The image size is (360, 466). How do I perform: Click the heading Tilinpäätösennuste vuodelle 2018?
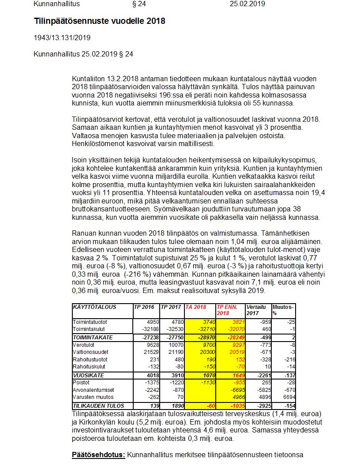coord(100,21)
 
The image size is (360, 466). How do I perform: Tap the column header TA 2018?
coord(195,307)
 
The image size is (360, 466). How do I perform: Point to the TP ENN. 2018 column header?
coord(227,310)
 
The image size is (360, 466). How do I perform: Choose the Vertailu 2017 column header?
coord(256,310)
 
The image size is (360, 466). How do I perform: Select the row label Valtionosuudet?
coord(90,352)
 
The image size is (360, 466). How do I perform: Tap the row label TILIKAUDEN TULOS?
coord(98,406)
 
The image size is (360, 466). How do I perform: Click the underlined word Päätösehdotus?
coord(98,455)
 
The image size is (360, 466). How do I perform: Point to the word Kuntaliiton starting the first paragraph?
coord(88,78)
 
